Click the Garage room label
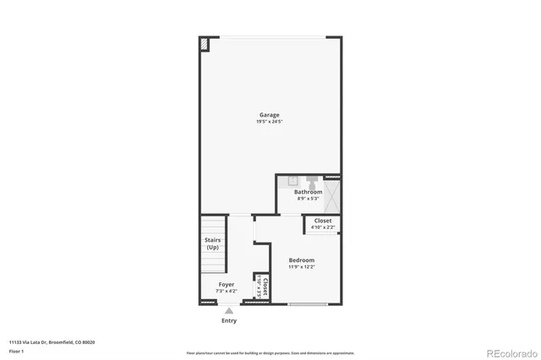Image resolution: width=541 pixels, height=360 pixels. click(x=269, y=115)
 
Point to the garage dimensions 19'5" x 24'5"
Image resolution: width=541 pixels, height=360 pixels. click(x=269, y=122)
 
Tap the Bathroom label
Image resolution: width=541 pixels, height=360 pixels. click(x=308, y=192)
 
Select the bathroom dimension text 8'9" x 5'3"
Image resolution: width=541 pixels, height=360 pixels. click(x=308, y=199)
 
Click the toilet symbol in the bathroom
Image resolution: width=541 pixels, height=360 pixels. click(x=311, y=180)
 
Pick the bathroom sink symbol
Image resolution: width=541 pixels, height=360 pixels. click(x=292, y=180)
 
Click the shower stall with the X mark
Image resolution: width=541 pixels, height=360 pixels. click(x=331, y=196)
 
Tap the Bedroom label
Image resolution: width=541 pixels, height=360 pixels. click(x=301, y=259)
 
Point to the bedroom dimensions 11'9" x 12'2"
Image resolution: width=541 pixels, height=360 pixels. click(x=301, y=266)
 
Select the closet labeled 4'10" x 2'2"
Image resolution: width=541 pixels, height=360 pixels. click(x=322, y=224)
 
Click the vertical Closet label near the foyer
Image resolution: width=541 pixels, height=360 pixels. click(x=265, y=286)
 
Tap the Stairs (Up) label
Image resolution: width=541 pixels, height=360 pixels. click(x=212, y=243)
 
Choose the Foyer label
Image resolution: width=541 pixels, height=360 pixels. click(x=227, y=284)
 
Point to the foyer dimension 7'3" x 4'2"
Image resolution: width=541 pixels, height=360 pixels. click(x=227, y=291)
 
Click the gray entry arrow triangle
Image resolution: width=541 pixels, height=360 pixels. click(x=228, y=311)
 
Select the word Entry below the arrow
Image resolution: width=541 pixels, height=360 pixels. click(x=229, y=320)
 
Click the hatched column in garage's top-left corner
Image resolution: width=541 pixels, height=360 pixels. click(x=204, y=44)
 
